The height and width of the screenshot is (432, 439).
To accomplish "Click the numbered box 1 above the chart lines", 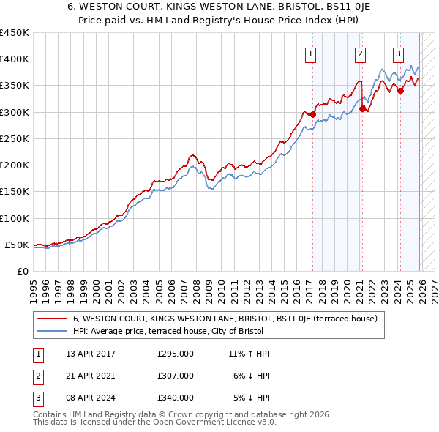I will [x=311, y=53].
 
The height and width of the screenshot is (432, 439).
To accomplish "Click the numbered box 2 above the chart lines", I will [x=361, y=53].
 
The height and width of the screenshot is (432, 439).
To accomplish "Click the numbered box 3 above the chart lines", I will [x=399, y=53].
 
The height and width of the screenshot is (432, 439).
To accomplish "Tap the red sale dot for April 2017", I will [x=312, y=114].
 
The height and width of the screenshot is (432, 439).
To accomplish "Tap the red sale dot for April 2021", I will [x=362, y=108].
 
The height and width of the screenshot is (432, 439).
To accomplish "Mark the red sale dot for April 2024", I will [x=400, y=91].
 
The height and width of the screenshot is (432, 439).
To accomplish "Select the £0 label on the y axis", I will [x=23, y=271].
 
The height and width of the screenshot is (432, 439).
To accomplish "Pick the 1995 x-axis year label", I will [x=34, y=286].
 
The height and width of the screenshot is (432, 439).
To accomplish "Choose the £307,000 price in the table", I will [x=176, y=376].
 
